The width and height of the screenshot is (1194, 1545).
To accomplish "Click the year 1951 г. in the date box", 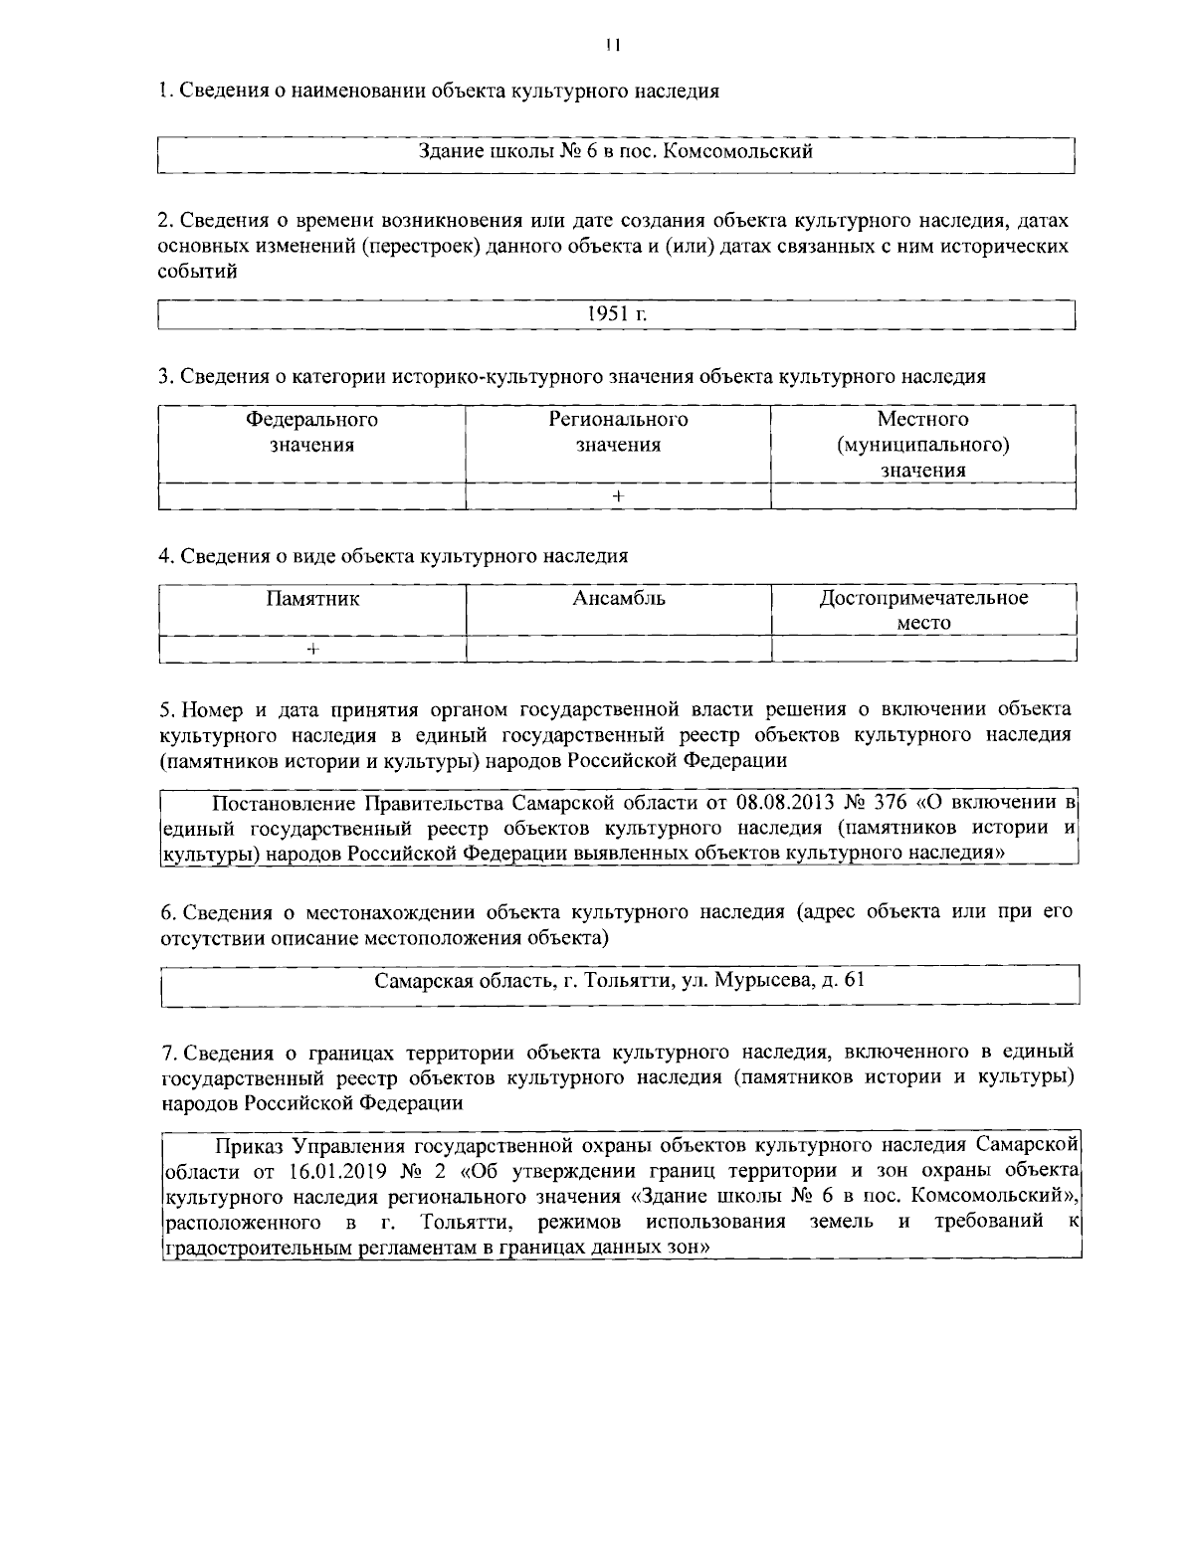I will (617, 313).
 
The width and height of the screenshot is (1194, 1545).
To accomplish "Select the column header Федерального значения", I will (312, 432).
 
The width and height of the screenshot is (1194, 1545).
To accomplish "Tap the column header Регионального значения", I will (618, 432).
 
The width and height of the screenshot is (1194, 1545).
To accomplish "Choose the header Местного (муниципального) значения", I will (923, 445).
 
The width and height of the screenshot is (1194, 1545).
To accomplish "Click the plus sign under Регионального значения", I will (618, 495).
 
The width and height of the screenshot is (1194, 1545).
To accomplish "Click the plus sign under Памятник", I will (312, 649).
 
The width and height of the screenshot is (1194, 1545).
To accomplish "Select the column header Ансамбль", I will (619, 598).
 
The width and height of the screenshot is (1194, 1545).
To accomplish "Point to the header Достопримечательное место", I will (923, 610).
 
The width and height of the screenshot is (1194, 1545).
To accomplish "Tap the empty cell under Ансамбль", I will (619, 649).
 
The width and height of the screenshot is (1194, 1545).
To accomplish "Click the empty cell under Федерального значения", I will (312, 495).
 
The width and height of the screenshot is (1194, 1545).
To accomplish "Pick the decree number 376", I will (890, 803).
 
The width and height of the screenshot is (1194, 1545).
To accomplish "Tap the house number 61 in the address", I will (854, 980).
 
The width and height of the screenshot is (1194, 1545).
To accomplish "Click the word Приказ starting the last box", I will (251, 1144).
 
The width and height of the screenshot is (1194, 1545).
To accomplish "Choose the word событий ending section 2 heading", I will (198, 272).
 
